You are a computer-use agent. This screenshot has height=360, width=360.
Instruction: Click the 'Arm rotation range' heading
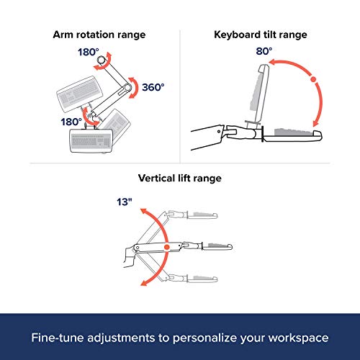tap(99, 35)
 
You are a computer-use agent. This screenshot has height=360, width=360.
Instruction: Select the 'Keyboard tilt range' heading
tap(261, 35)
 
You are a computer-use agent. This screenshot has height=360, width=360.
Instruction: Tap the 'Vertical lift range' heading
tap(180, 179)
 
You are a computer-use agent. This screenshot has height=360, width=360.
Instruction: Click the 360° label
tap(153, 87)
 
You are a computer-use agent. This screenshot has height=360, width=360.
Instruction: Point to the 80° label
tap(264, 51)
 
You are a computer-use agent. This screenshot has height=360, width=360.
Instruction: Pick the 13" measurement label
tap(125, 202)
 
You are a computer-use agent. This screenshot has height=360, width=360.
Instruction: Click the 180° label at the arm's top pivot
tap(89, 52)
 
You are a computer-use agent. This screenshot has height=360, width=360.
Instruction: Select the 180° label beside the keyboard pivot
tap(71, 122)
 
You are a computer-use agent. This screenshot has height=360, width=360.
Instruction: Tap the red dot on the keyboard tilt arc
tap(313, 79)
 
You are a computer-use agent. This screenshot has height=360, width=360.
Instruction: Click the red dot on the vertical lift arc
tap(167, 247)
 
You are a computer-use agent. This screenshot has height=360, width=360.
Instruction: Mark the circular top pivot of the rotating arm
tap(102, 60)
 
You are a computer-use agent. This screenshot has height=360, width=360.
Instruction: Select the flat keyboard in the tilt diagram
tap(293, 136)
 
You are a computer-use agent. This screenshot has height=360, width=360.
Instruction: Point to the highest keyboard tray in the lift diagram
tap(202, 215)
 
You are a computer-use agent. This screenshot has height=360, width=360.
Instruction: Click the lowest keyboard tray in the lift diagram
tap(202, 279)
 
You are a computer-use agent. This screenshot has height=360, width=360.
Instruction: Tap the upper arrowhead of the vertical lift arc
tap(143, 211)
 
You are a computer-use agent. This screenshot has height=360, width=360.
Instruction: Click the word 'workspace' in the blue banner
tap(298, 338)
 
